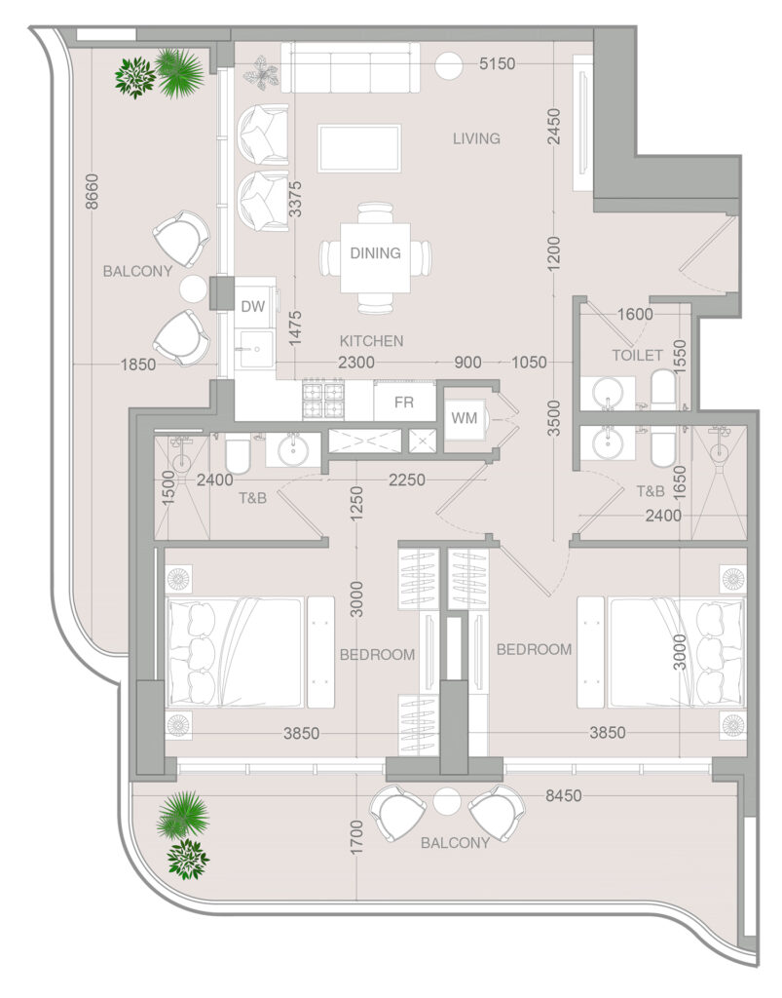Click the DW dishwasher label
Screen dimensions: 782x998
(x=252, y=306)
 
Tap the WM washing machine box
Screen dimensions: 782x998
(x=465, y=418)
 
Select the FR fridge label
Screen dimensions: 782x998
(x=404, y=402)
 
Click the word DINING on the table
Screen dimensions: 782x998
(x=375, y=252)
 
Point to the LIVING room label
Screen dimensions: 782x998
(x=476, y=138)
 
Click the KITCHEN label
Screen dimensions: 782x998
(x=371, y=340)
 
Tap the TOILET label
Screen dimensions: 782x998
(x=637, y=355)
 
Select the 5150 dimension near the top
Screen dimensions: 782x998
(x=498, y=63)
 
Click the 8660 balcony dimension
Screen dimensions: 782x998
(x=93, y=191)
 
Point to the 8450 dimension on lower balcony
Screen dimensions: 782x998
(x=563, y=795)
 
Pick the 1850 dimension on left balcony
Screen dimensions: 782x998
(x=138, y=365)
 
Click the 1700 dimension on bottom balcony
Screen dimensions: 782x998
(x=356, y=837)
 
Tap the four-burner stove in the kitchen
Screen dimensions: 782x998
(x=323, y=400)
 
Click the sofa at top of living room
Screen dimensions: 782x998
(x=351, y=68)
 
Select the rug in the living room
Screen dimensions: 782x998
(x=359, y=148)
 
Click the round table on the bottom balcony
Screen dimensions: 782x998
(x=447, y=801)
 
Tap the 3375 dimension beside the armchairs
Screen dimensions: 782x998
(x=296, y=199)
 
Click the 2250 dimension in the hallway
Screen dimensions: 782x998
(x=407, y=480)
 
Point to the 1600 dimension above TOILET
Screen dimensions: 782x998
(x=635, y=314)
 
